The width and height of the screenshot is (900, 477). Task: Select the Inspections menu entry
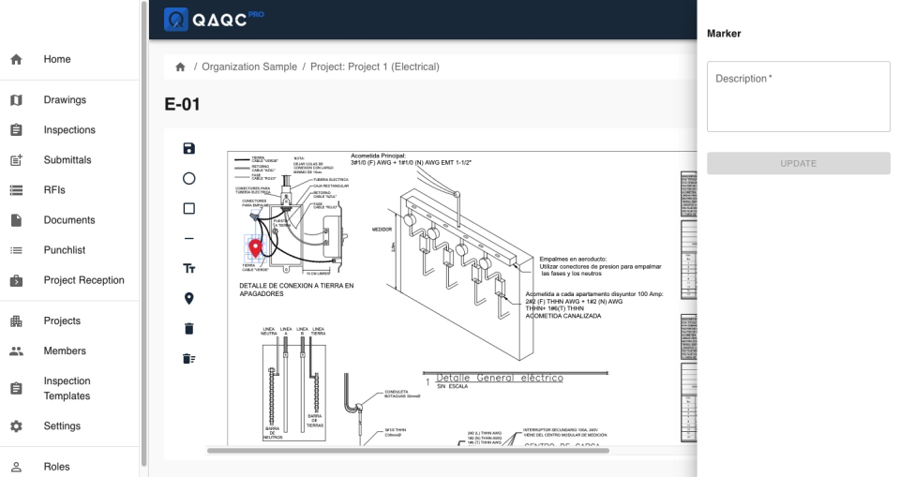click(x=69, y=130)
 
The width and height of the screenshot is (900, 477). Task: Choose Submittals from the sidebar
click(x=67, y=160)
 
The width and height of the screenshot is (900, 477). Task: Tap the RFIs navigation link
click(x=54, y=190)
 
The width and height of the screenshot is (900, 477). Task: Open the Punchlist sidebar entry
click(x=66, y=250)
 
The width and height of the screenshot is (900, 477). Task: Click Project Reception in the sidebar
click(x=83, y=280)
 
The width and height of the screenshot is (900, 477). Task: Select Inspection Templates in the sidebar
click(x=67, y=389)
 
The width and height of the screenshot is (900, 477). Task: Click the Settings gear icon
click(x=16, y=426)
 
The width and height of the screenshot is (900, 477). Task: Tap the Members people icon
click(x=16, y=351)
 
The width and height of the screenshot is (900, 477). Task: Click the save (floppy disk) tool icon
click(x=188, y=148)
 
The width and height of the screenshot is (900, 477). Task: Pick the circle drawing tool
click(x=188, y=178)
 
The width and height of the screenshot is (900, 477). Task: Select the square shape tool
click(x=188, y=208)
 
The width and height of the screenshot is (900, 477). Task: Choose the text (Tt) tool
click(x=188, y=269)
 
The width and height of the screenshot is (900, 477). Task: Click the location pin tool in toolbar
click(x=188, y=299)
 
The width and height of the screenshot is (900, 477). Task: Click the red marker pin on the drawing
click(x=255, y=248)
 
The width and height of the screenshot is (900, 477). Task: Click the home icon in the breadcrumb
click(x=180, y=67)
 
